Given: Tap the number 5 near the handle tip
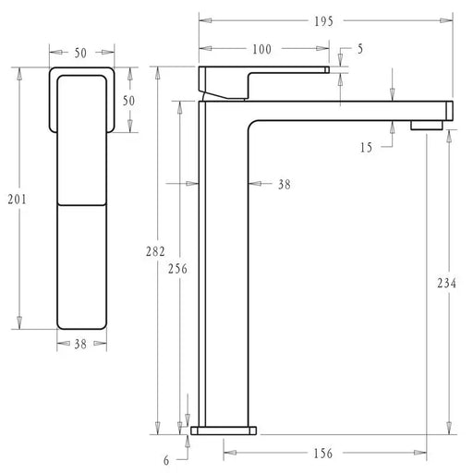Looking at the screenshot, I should click(x=359, y=48).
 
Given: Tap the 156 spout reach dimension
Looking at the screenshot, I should click(x=323, y=454).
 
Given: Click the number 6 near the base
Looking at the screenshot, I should click(x=166, y=459).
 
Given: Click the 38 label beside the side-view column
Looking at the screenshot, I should click(x=284, y=185).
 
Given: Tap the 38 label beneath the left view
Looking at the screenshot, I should click(x=81, y=344).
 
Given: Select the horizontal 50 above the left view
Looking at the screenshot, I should click(x=80, y=53).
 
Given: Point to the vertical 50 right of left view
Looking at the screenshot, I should click(x=130, y=100).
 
